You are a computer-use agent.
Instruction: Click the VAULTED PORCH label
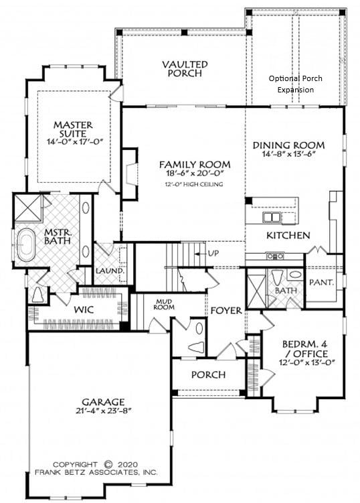[x=185, y=68]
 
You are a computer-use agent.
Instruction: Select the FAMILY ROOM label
[x=195, y=165]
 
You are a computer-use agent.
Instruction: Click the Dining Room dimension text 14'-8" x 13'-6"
[x=288, y=153]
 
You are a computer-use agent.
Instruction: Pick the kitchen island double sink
[x=272, y=217]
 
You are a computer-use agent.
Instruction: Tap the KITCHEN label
[x=288, y=235]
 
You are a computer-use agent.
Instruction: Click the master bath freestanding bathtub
[x=26, y=244]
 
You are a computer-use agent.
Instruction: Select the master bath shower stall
[x=28, y=208]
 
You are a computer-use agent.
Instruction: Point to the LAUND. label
[x=110, y=271]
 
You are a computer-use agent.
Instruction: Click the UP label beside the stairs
[x=213, y=253]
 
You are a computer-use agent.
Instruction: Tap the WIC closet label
[x=84, y=309]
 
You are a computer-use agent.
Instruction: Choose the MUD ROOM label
[x=164, y=304]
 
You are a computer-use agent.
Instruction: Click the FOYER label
[x=226, y=310]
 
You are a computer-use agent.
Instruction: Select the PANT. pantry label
[x=322, y=282]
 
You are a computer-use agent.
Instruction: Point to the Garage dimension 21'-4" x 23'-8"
[x=103, y=411]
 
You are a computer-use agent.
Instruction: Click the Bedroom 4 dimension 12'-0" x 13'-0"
[x=307, y=362]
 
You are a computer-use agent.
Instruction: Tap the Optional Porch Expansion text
[x=296, y=84]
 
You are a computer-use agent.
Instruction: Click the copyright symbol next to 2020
[x=109, y=464]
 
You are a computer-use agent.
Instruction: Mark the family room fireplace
[x=130, y=174]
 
